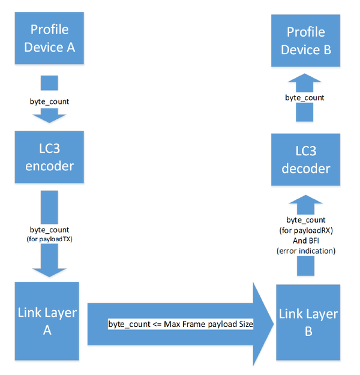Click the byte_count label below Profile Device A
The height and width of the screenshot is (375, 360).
coord(49,101)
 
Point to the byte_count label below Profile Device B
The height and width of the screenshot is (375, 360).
coord(305,97)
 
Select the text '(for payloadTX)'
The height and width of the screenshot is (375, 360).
coord(49,238)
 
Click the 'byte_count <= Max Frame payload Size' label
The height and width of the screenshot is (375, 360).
coord(181,324)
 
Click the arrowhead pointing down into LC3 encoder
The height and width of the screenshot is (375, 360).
coord(49,115)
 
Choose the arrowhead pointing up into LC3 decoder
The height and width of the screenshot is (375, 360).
coord(305,207)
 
